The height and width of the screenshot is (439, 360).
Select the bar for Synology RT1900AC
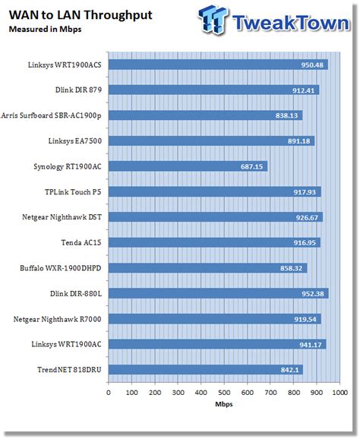click(x=188, y=166)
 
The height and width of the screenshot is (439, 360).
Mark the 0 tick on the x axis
click(x=109, y=393)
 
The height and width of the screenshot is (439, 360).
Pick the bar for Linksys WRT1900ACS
click(x=218, y=65)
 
